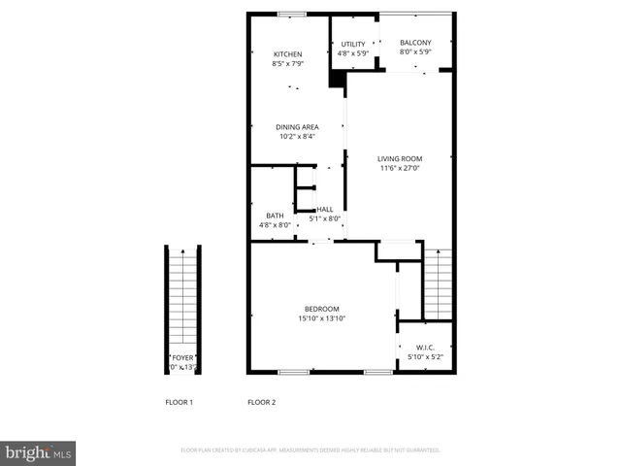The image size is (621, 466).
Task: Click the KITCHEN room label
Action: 287,54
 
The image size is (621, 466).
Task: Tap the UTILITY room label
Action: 353,45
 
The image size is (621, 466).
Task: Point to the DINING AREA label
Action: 297,127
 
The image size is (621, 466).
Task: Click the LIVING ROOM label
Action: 400,158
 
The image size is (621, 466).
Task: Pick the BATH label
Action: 275,216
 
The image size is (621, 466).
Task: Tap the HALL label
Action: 325,209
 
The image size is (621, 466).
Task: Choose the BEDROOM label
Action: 322,309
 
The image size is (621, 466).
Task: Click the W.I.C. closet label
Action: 425,348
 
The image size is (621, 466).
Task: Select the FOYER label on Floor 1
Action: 182,358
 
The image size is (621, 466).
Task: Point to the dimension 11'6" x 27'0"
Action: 400,168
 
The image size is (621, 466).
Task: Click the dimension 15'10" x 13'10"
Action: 322,318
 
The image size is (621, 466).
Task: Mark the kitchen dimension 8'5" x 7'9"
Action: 287,64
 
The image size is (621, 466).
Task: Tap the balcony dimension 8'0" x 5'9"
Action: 415,52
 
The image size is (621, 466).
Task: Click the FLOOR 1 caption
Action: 179,402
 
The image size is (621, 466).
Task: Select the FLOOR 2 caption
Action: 262,402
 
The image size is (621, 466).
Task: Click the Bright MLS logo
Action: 38,453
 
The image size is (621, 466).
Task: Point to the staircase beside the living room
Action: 439,284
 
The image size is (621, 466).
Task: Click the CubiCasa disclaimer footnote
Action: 310,450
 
